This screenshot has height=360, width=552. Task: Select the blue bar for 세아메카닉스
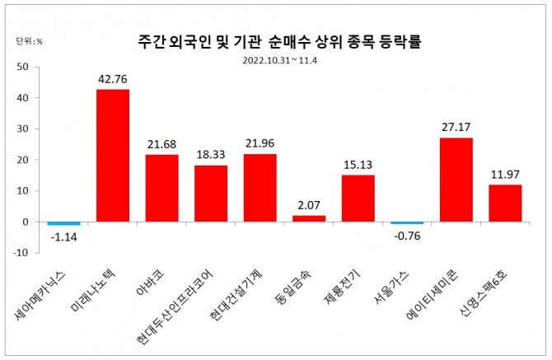[63, 223]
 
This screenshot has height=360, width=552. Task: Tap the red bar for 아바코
[161, 188]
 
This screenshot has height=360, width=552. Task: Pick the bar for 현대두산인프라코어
[211, 194]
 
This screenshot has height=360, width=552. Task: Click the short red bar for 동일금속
[309, 218]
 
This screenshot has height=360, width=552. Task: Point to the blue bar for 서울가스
[407, 222]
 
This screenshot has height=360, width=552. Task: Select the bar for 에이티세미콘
[456, 180]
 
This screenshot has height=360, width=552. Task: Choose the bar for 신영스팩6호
[505, 203]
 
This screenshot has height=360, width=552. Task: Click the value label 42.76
[113, 80]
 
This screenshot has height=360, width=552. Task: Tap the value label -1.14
[63, 238]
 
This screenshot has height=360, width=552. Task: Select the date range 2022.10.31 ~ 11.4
[280, 59]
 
